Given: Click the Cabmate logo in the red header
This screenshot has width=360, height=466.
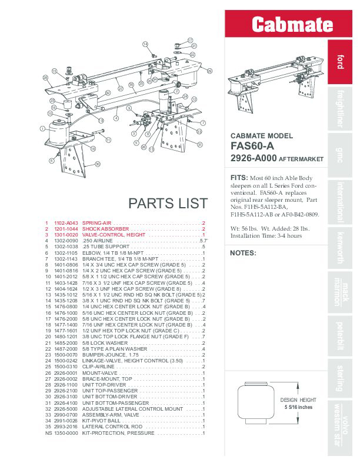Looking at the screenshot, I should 284,25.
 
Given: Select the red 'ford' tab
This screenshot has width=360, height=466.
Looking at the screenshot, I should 340,61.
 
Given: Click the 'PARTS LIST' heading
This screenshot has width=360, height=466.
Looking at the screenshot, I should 168,204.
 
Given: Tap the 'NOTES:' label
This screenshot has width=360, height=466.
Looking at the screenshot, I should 243,253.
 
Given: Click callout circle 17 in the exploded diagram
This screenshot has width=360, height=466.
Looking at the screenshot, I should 190,40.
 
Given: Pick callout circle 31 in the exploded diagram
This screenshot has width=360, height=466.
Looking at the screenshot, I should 199,145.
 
